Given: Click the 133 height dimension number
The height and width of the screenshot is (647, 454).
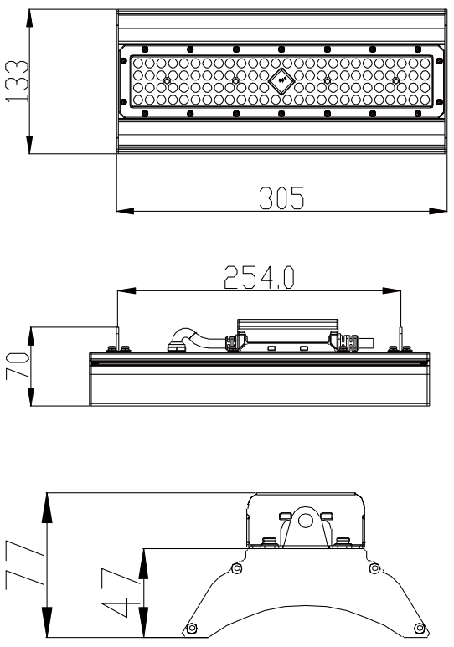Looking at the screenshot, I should pyautogui.click(x=14, y=81).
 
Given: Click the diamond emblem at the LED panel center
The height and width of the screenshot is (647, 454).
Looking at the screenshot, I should pyautogui.click(x=281, y=82).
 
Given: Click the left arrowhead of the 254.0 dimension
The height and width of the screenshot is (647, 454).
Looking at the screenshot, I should pyautogui.click(x=123, y=292).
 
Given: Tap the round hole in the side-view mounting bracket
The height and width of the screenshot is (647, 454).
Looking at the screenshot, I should pyautogui.click(x=306, y=520).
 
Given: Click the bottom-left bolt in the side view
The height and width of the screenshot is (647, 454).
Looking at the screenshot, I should pyautogui.click(x=193, y=629).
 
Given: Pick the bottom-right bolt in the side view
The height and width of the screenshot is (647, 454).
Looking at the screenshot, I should pyautogui.click(x=419, y=629).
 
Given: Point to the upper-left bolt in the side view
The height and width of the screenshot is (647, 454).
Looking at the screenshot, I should pyautogui.click(x=237, y=569).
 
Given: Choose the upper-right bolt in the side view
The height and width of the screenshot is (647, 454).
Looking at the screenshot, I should pyautogui.click(x=373, y=569).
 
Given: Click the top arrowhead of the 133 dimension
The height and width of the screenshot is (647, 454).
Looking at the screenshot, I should pyautogui.click(x=29, y=16).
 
